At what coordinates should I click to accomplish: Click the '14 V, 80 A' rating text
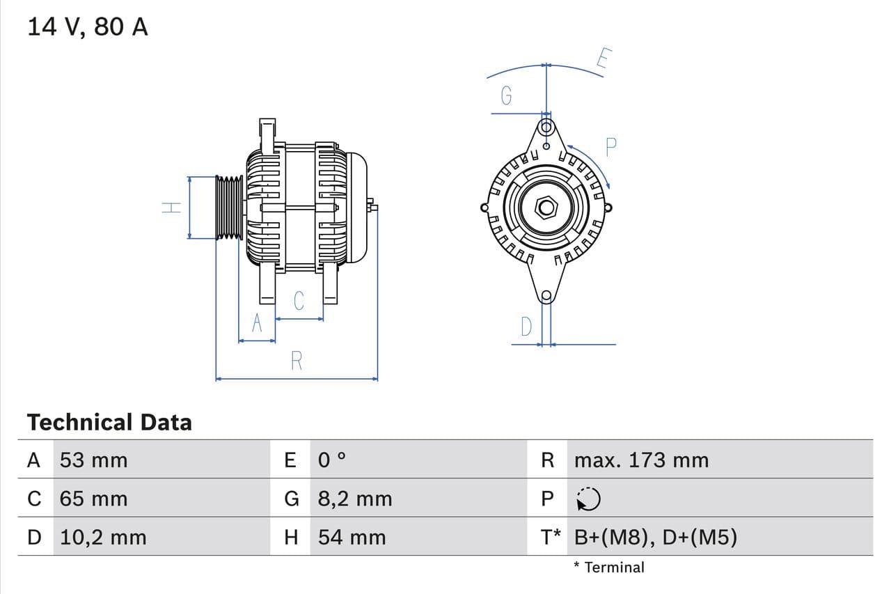click(x=88, y=27)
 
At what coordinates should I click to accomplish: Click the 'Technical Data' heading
click(x=109, y=422)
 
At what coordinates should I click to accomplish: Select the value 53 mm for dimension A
click(x=94, y=460)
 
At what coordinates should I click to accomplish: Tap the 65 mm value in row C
click(x=94, y=499)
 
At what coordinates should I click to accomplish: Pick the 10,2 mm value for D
click(x=103, y=537)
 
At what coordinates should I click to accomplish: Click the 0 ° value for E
click(x=332, y=460)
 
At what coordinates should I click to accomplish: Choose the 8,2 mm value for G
click(x=355, y=499)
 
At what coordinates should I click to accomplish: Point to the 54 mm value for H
click(x=352, y=537)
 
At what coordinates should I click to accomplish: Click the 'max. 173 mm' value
click(x=641, y=460)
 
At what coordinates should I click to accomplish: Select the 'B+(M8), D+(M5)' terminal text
click(x=656, y=537)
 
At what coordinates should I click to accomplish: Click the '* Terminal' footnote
click(x=609, y=567)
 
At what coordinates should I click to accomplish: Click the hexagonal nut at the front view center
click(x=546, y=208)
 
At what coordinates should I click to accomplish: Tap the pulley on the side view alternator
click(x=229, y=208)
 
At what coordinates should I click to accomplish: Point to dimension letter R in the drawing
click(x=297, y=361)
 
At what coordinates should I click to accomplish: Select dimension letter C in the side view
click(x=299, y=301)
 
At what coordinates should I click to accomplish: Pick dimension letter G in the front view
click(x=507, y=95)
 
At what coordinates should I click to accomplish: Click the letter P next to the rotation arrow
click(x=610, y=147)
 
